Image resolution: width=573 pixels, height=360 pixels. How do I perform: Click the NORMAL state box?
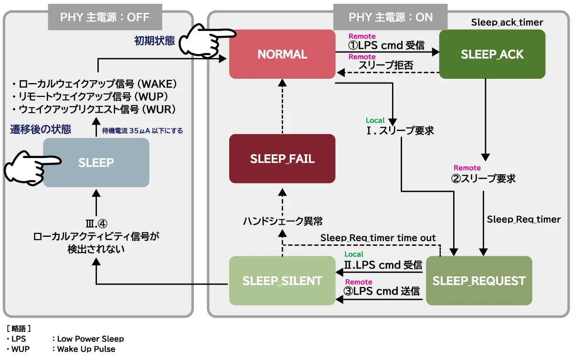tap(282, 54)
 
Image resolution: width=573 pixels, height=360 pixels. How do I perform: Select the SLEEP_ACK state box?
tap(492, 54)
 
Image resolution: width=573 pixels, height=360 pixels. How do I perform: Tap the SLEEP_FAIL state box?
tap(282, 159)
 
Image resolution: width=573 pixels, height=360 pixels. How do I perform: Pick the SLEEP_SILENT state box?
tap(282, 281)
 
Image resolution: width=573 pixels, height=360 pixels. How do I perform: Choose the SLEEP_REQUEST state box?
tap(479, 281)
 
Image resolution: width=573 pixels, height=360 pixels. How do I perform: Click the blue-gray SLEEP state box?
tap(96, 162)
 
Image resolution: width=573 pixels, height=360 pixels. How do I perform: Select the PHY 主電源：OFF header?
tap(105, 18)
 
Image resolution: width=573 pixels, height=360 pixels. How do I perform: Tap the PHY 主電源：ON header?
tap(391, 18)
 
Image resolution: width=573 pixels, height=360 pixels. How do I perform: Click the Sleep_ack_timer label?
tap(507, 22)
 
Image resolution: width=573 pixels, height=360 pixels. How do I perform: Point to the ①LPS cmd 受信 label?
tap(386, 46)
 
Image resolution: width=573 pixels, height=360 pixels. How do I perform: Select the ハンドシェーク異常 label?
tap(283, 221)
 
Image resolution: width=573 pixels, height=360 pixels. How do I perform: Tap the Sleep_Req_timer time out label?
tap(378, 238)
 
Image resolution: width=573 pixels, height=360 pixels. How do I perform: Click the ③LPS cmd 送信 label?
tap(382, 291)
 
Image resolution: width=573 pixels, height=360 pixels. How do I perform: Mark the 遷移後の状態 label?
tap(41, 129)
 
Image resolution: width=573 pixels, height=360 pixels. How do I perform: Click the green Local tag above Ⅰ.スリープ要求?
tap(375, 120)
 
